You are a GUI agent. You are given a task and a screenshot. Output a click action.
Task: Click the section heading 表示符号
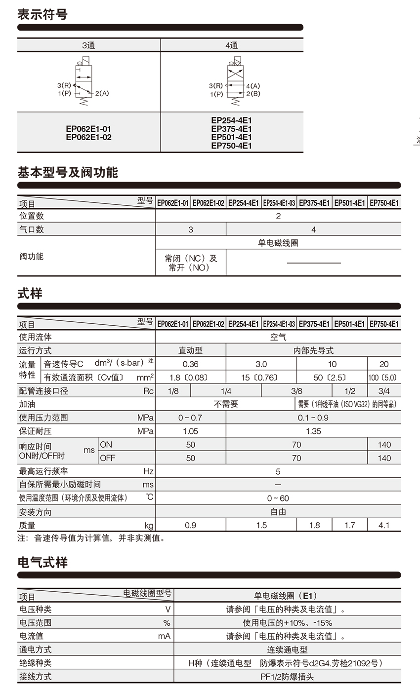[x=42, y=14]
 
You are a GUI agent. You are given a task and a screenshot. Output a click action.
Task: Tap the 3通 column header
[x=88, y=45]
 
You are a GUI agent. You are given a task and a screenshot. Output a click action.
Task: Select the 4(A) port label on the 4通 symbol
[x=252, y=86]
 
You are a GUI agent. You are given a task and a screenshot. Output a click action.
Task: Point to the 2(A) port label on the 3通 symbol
[x=102, y=93]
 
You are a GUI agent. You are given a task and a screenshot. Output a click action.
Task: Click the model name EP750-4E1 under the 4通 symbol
[x=231, y=146]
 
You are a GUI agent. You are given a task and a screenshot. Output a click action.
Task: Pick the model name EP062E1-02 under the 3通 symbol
[x=88, y=137]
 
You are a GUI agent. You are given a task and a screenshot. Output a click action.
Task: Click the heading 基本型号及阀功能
[x=68, y=172]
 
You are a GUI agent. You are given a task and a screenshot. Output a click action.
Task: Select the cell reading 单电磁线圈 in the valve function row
[x=278, y=243]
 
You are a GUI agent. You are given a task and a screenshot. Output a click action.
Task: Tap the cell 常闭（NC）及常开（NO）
[x=191, y=263]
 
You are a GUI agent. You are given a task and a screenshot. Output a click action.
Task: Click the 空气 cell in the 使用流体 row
[x=278, y=337]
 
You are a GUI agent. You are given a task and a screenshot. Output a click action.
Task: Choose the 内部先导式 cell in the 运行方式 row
[x=313, y=350]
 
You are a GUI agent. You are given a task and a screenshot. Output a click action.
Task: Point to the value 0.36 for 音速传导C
[x=190, y=364]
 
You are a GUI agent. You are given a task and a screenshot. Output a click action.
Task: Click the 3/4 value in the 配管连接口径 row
[x=384, y=391]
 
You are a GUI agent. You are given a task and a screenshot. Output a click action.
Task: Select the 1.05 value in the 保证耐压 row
[x=190, y=431]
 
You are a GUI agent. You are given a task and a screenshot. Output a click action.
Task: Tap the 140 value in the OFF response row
[x=384, y=458]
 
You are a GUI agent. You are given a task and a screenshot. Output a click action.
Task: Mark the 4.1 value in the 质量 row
[x=384, y=525]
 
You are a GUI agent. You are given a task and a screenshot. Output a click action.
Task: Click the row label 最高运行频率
[x=43, y=471]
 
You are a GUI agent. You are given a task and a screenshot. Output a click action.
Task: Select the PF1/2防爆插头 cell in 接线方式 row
[x=287, y=677]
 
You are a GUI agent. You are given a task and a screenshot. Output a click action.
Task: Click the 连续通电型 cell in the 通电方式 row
[x=287, y=650]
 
